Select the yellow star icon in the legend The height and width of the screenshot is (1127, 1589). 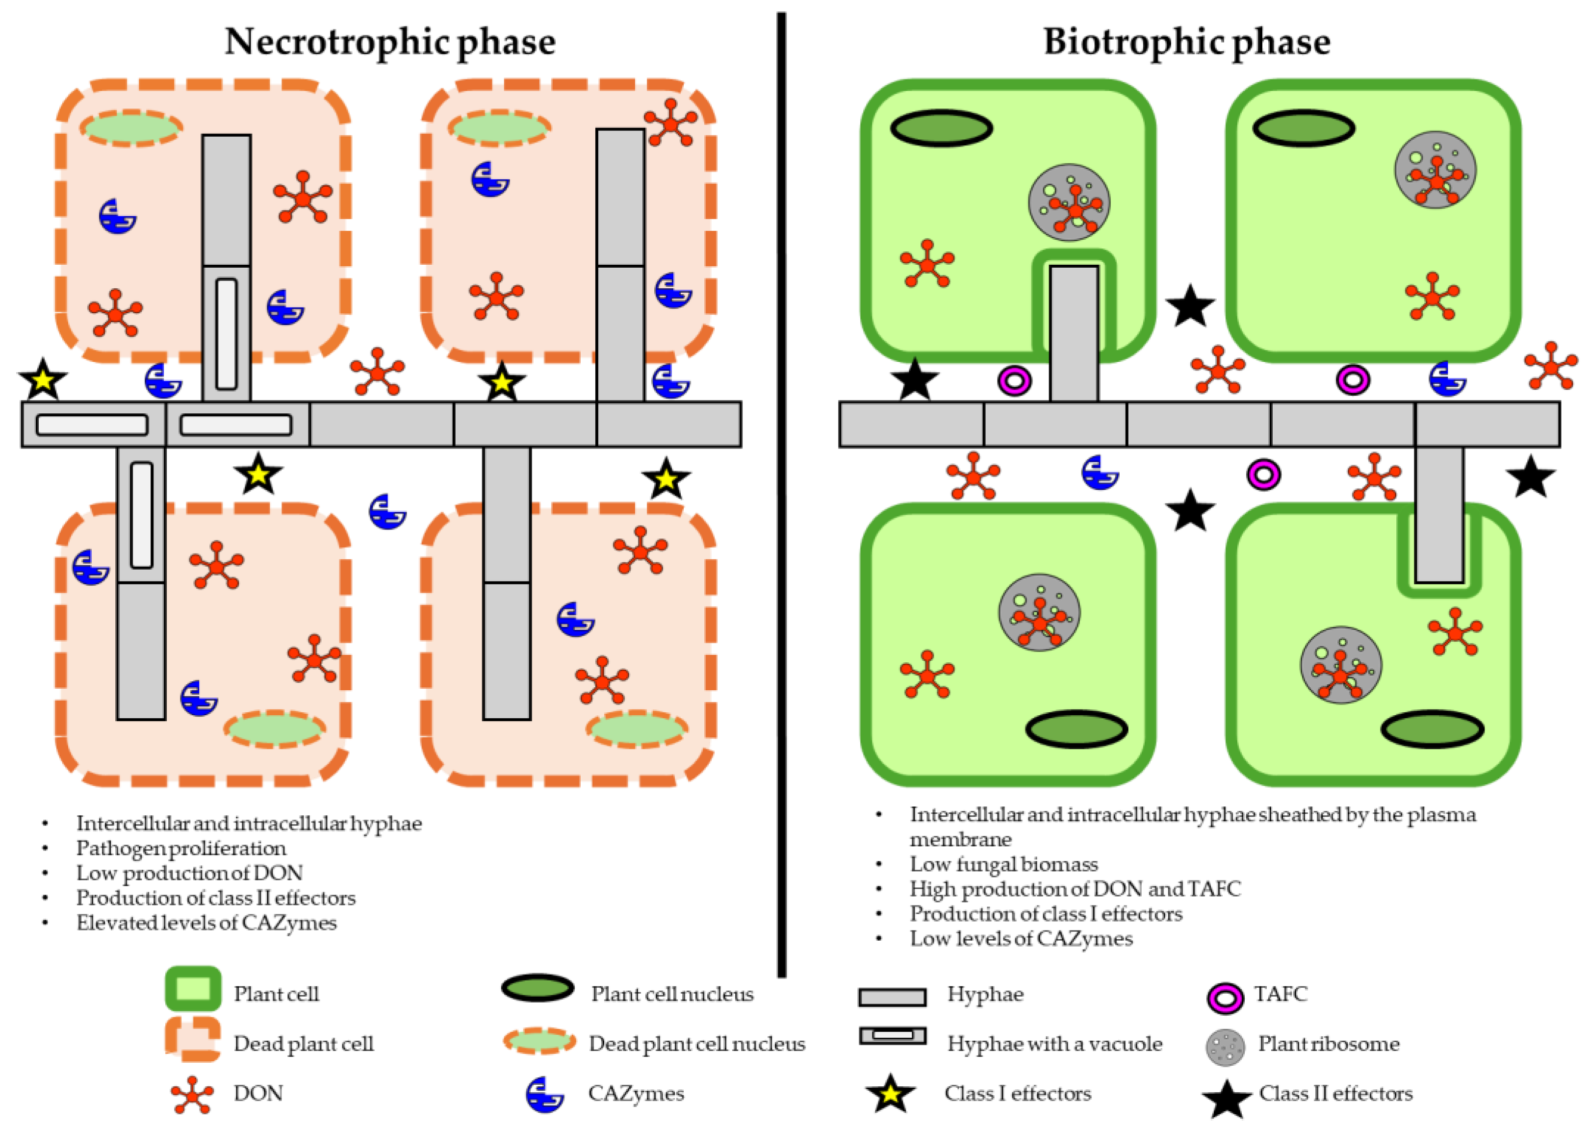890,1094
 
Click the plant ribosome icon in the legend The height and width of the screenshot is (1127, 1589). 1225,1047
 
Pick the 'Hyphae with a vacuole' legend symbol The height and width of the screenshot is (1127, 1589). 892,1035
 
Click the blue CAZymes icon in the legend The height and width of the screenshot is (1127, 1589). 543,1094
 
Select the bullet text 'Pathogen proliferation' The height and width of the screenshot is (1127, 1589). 180,848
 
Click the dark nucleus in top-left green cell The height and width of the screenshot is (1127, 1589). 941,128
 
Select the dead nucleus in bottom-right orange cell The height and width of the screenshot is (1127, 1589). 636,728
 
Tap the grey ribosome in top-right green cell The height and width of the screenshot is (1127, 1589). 1435,170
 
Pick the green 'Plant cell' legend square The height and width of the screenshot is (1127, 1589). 193,988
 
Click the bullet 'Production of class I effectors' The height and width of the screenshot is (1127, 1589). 1046,913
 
